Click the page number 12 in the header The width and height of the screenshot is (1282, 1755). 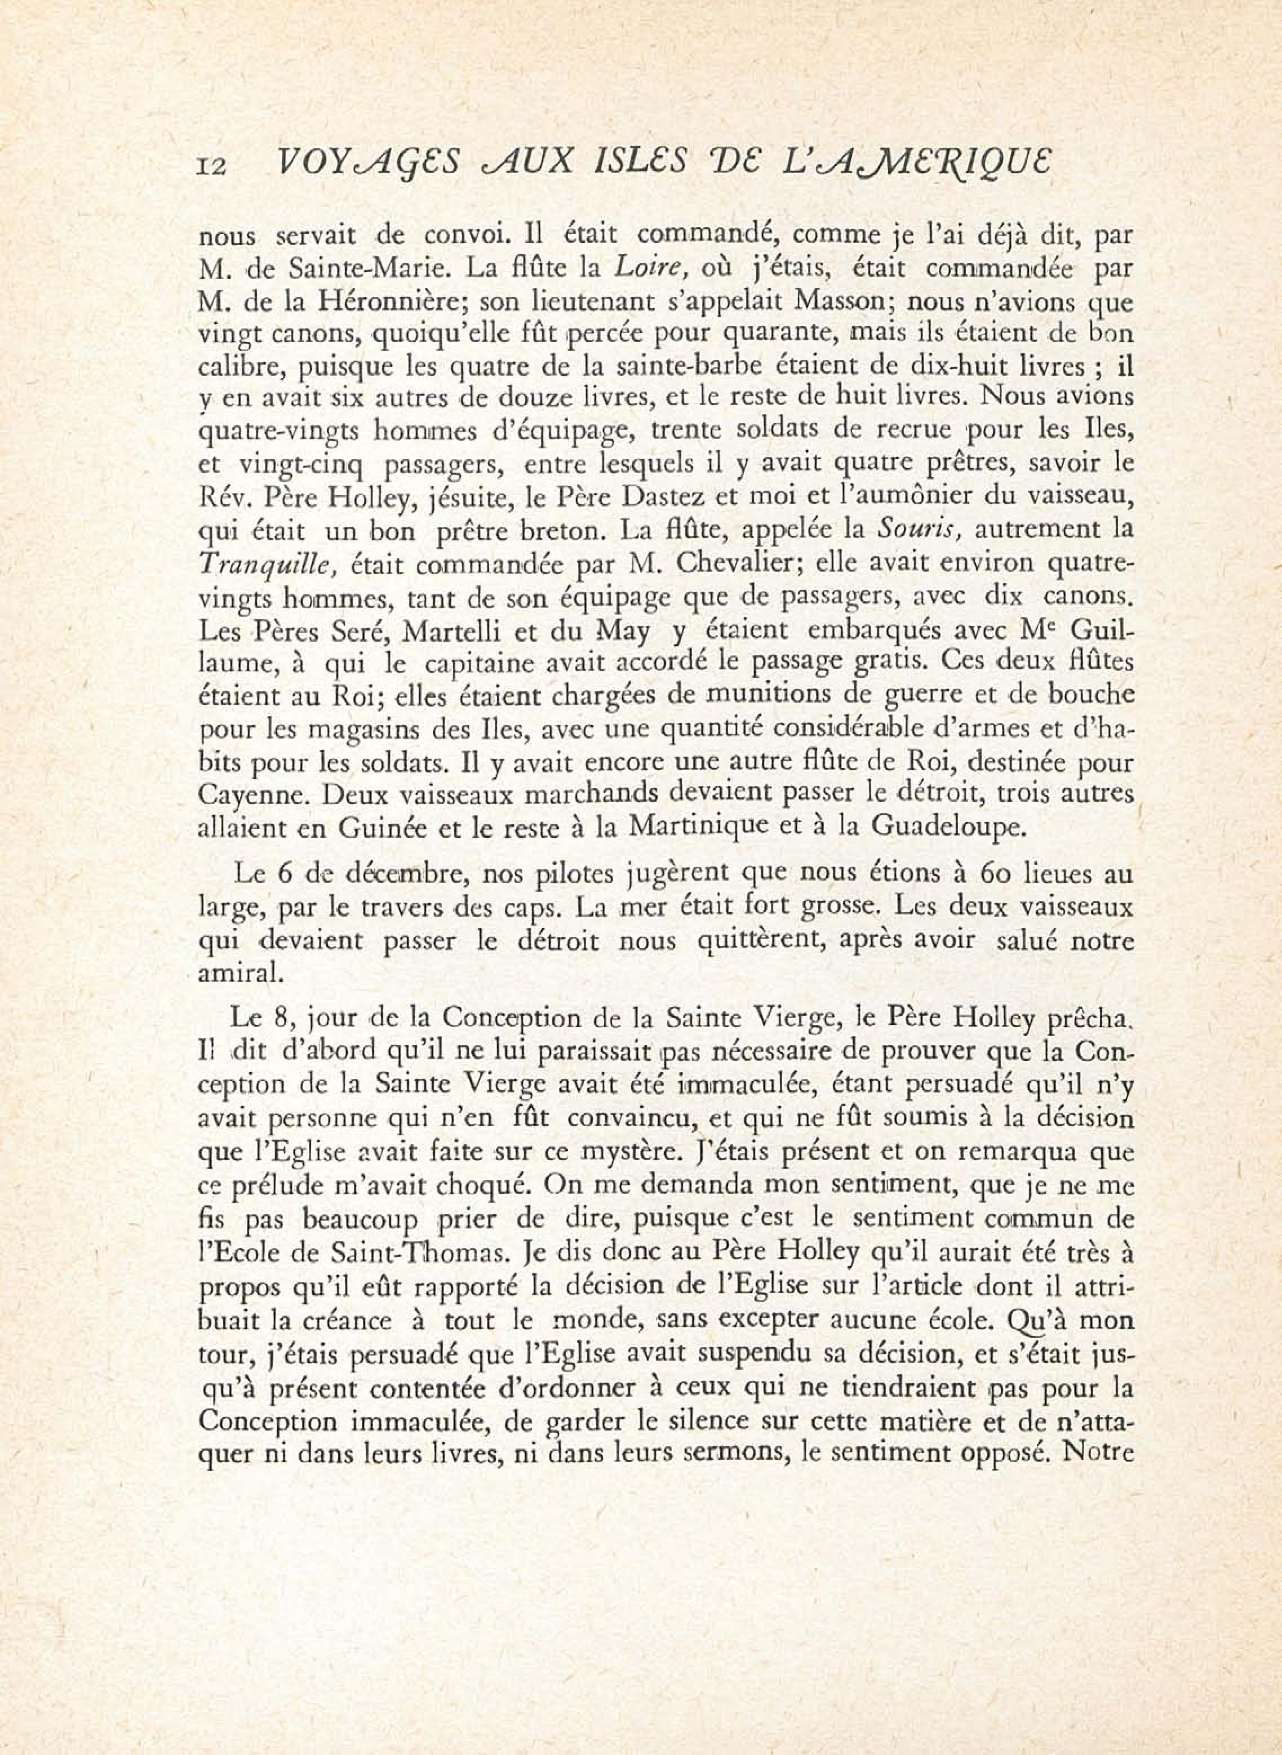point(212,166)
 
